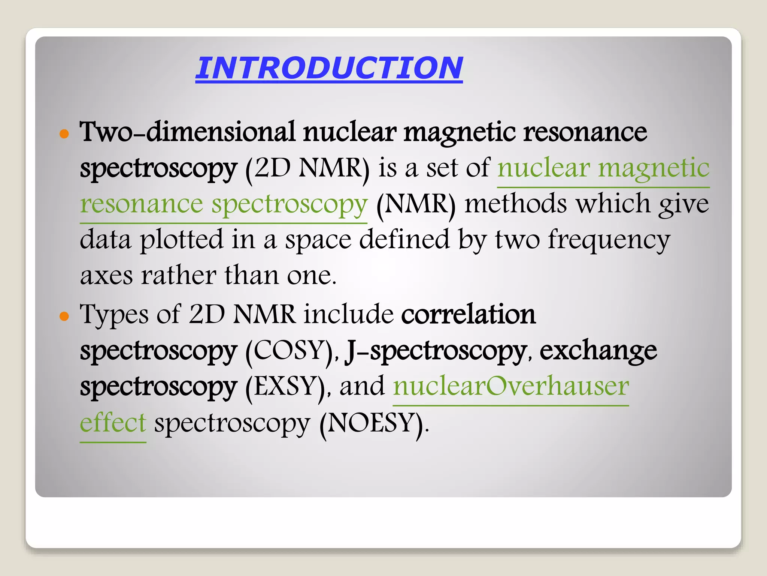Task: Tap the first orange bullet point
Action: point(64,134)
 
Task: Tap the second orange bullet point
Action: point(64,316)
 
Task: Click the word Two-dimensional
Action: point(187,132)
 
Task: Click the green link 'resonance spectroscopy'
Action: point(224,204)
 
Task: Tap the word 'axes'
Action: point(106,276)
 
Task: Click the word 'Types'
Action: point(114,314)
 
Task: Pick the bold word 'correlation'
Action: point(468,314)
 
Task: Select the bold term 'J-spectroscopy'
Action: point(436,351)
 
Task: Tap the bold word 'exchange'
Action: point(598,351)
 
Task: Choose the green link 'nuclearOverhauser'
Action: point(511,386)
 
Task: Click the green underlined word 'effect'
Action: point(113,423)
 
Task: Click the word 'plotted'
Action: point(181,240)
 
